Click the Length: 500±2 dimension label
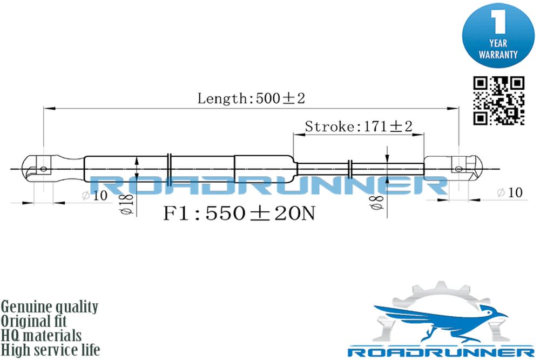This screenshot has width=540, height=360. [251, 98]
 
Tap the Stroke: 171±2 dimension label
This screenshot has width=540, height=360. [359, 126]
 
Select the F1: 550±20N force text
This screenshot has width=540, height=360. [239, 213]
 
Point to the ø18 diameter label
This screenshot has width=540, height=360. [127, 204]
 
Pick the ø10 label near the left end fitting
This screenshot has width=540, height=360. [94, 196]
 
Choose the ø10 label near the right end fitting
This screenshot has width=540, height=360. [510, 192]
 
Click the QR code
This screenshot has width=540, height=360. [498, 101]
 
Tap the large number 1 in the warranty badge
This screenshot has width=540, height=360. [498, 22]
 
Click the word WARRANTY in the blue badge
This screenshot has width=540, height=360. [498, 55]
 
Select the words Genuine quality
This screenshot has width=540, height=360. [50, 307]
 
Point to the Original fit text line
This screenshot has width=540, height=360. [33, 321]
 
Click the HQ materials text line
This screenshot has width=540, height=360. [42, 336]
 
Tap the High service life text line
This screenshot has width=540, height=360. [50, 350]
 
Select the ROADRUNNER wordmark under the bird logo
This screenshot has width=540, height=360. [441, 352]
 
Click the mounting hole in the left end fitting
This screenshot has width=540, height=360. [43, 169]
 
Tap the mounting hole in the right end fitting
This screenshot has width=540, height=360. [458, 169]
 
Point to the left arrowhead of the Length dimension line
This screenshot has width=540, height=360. [50, 109]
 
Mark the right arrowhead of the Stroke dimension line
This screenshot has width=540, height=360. [418, 135]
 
